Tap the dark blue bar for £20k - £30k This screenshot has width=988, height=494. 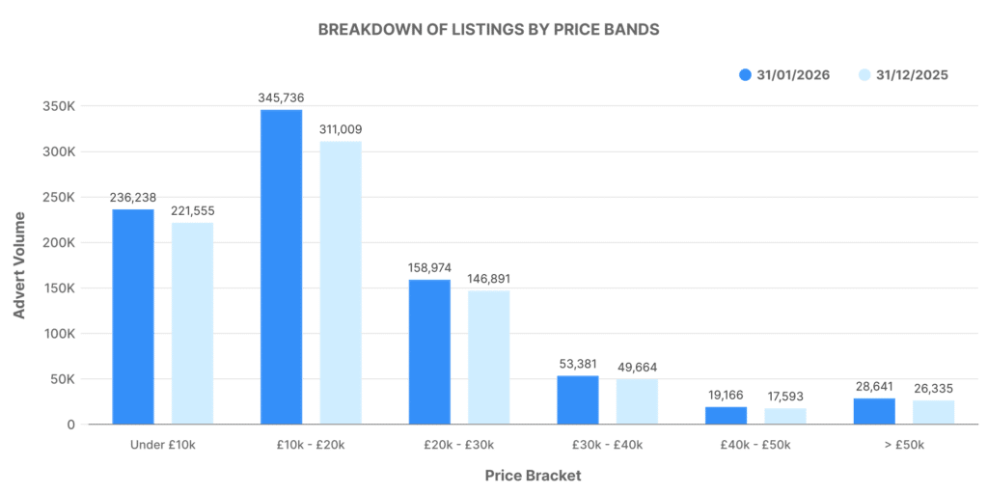pos(429,351)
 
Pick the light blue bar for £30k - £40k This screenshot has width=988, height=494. pos(637,401)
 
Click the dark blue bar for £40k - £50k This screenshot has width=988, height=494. pos(726,415)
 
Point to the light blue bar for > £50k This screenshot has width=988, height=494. pos(933,412)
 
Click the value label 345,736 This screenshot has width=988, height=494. pos(281,97)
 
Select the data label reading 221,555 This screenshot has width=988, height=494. pos(193,210)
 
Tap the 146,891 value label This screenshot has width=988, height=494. pos(488,278)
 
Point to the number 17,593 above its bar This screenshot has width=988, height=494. pos(784,396)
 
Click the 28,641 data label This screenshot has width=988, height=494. pos(874,386)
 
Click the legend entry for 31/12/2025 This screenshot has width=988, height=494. pos(902,75)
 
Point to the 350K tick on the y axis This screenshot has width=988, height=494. pos(59,106)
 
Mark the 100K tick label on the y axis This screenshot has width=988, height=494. pos(59,334)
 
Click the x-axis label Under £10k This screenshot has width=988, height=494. pos(163,445)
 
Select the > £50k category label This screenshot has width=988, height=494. pos(903,445)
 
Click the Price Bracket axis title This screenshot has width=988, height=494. pos(533,476)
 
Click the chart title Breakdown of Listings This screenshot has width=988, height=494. pos(488,29)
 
